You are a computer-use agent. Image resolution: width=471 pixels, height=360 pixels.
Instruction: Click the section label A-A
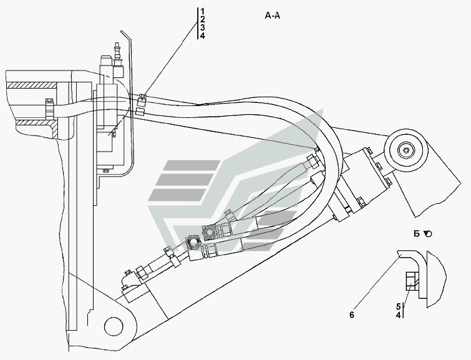pyautogui.click(x=273, y=16)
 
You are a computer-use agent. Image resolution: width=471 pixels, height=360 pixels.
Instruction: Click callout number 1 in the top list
pyautogui.click(x=203, y=11)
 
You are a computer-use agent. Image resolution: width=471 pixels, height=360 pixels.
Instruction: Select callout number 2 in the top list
pyautogui.click(x=203, y=19)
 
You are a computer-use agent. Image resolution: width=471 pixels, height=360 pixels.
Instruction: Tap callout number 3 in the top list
pyautogui.click(x=203, y=27)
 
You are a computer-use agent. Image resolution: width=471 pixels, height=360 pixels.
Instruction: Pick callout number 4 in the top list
pyautogui.click(x=203, y=36)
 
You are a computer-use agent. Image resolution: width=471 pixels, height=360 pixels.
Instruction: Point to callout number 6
pyautogui.click(x=352, y=314)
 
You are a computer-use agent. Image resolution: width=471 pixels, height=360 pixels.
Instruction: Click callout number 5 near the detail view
pyautogui.click(x=398, y=307)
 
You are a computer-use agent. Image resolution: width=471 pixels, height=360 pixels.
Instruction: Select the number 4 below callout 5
pyautogui.click(x=398, y=315)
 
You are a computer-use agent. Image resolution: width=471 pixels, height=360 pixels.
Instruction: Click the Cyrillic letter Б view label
pyautogui.click(x=417, y=233)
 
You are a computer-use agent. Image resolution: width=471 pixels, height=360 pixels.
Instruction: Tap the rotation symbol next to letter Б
pyautogui.click(x=428, y=233)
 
